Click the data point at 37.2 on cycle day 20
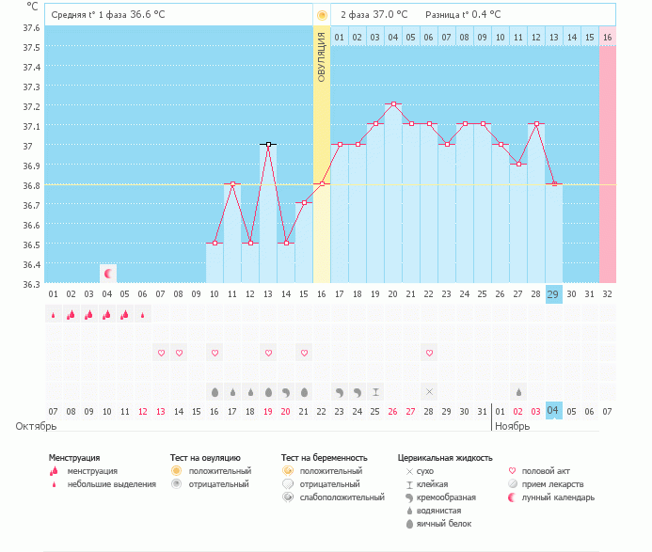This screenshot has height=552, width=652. tap(393, 103)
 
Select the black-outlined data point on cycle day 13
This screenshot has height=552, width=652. tap(268, 144)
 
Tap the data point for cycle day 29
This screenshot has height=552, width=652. tap(554, 183)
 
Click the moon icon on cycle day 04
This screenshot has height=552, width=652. tap(108, 274)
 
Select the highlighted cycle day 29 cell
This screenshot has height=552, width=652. tap(554, 294)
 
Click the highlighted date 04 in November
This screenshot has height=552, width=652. tap(554, 411)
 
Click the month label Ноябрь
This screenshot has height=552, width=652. tap(513, 426)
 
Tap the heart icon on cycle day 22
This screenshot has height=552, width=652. tap(430, 353)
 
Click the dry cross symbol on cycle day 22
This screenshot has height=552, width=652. tap(430, 391)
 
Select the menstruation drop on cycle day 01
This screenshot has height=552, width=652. tap(54, 315)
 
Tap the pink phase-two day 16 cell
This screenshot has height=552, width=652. tap(608, 37)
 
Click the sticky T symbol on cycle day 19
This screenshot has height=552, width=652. tap(375, 391)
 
